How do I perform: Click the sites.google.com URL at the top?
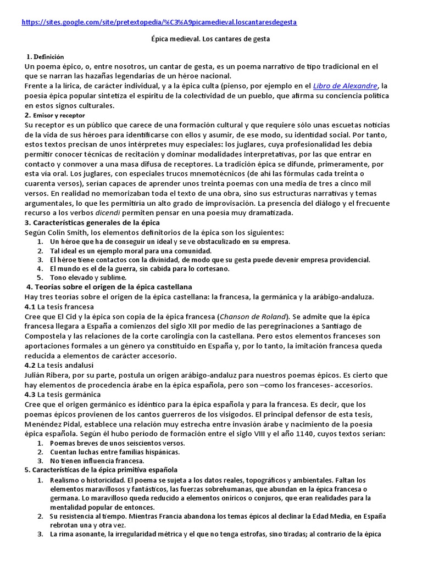(x=159, y=23)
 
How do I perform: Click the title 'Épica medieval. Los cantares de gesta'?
(x=210, y=40)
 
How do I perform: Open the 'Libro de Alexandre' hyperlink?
(x=345, y=86)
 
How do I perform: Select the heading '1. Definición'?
(x=46, y=57)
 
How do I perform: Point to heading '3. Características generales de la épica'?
(x=92, y=222)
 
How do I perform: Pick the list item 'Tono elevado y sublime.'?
(x=88, y=278)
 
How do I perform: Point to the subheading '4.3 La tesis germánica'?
(x=63, y=395)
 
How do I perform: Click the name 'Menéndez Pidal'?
(x=52, y=424)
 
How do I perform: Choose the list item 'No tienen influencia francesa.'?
(x=97, y=461)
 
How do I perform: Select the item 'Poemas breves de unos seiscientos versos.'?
(x=117, y=443)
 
